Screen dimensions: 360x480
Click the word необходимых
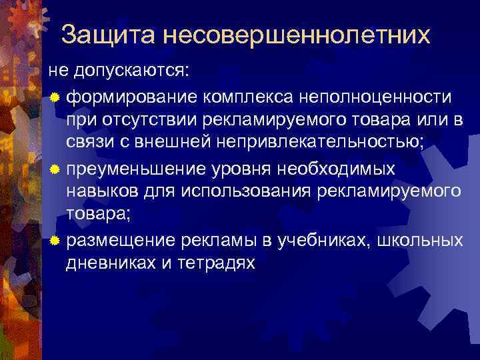tap(338, 169)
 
